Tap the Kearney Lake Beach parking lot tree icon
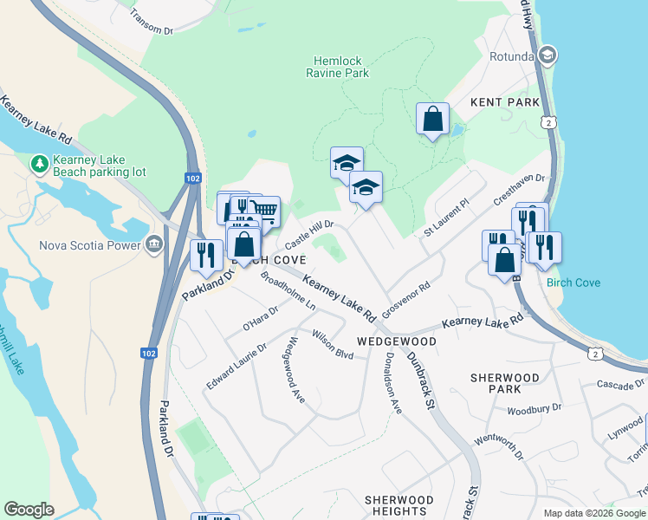39,163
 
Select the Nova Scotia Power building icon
155,244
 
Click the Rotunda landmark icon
547,56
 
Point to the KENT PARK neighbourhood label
505,102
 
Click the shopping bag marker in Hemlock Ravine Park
432,119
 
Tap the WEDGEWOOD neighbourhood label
397,341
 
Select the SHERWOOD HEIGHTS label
399,505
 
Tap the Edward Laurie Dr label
237,366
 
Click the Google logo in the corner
29,510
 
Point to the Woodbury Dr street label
535,408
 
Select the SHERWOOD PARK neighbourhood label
505,384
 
